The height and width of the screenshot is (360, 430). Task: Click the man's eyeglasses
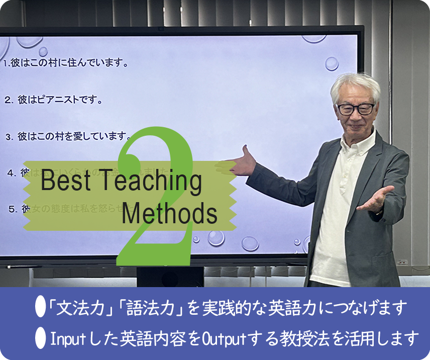pyautogui.click(x=355, y=109)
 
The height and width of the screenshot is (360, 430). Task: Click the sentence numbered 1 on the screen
pyautogui.click(x=65, y=64)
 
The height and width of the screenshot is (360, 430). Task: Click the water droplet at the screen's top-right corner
pyautogui.click(x=332, y=63)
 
